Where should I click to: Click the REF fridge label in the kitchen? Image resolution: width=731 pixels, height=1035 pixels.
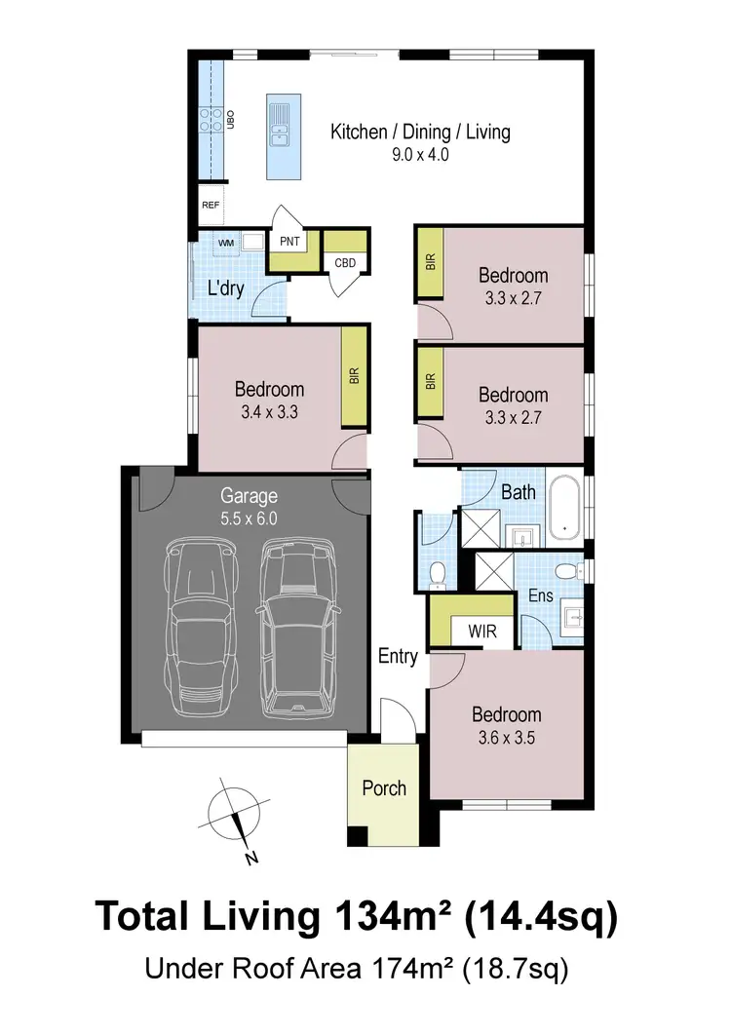click(211, 206)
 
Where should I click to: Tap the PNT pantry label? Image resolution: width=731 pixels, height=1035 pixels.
click(289, 241)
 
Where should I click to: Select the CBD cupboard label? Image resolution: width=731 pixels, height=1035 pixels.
click(345, 263)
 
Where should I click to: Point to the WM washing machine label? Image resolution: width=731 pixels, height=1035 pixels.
click(225, 241)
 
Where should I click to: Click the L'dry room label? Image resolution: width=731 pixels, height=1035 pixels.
click(225, 288)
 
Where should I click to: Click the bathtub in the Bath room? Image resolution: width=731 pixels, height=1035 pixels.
click(563, 507)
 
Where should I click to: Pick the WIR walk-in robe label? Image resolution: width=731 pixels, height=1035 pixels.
click(481, 632)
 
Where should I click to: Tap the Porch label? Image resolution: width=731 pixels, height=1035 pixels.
click(384, 787)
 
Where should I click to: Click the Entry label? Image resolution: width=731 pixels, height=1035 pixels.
click(398, 657)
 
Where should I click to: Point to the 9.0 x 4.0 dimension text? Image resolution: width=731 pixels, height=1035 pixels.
click(420, 154)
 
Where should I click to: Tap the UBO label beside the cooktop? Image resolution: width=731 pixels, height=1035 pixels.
click(232, 120)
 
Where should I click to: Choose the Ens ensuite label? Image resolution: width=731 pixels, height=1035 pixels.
click(540, 594)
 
